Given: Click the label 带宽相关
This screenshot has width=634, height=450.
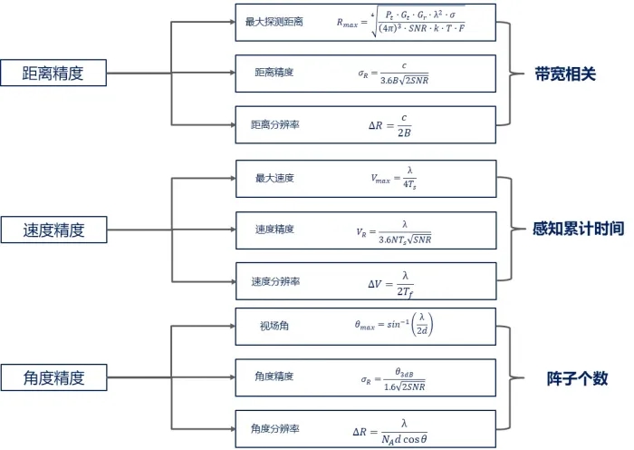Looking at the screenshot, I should click(x=565, y=74).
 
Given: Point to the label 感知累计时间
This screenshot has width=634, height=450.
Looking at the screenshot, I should click(x=578, y=230).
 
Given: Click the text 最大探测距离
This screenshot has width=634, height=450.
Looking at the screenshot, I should click(x=275, y=21).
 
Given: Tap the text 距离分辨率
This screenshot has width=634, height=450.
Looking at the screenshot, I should click(x=276, y=124).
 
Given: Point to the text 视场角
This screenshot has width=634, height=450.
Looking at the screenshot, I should click(x=273, y=326).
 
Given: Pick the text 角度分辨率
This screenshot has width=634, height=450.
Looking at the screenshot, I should click(x=276, y=428).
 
